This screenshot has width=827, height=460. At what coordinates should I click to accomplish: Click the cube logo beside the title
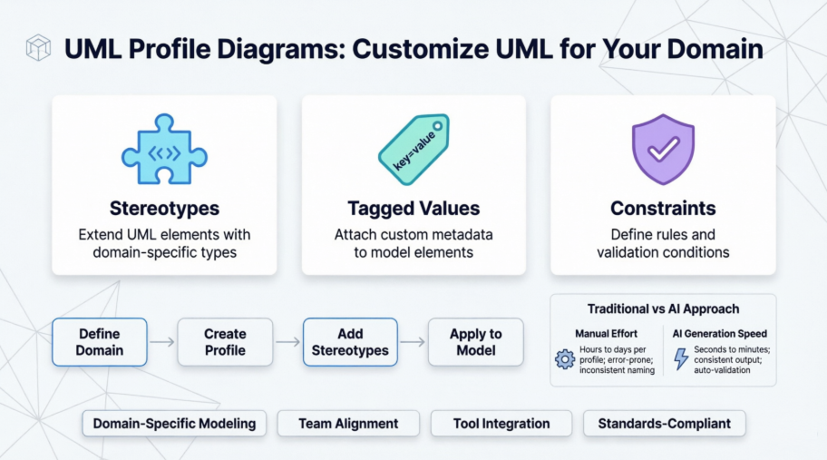point(39,47)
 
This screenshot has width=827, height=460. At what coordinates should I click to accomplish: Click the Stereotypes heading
point(164,209)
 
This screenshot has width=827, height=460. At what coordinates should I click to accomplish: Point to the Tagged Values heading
point(413,209)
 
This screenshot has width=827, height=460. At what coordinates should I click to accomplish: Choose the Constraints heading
point(663,209)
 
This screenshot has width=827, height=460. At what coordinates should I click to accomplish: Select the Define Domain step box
point(100,342)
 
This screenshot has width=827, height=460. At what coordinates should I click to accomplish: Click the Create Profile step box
point(225,342)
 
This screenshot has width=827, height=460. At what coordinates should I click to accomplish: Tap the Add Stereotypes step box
point(350,342)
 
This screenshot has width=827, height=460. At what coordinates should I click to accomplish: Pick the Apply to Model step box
point(475,342)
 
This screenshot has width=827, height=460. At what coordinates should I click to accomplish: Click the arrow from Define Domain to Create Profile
point(162,342)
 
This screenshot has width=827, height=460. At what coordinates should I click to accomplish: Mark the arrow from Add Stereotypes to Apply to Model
point(413,342)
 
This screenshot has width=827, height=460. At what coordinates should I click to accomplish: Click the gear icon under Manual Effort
point(565,359)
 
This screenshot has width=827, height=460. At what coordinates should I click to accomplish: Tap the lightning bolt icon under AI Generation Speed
point(680,359)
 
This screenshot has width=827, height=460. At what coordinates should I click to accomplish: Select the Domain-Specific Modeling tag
point(174,423)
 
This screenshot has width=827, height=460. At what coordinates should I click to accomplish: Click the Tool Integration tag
point(501,423)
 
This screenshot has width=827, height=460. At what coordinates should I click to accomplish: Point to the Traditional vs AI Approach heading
point(663,309)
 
